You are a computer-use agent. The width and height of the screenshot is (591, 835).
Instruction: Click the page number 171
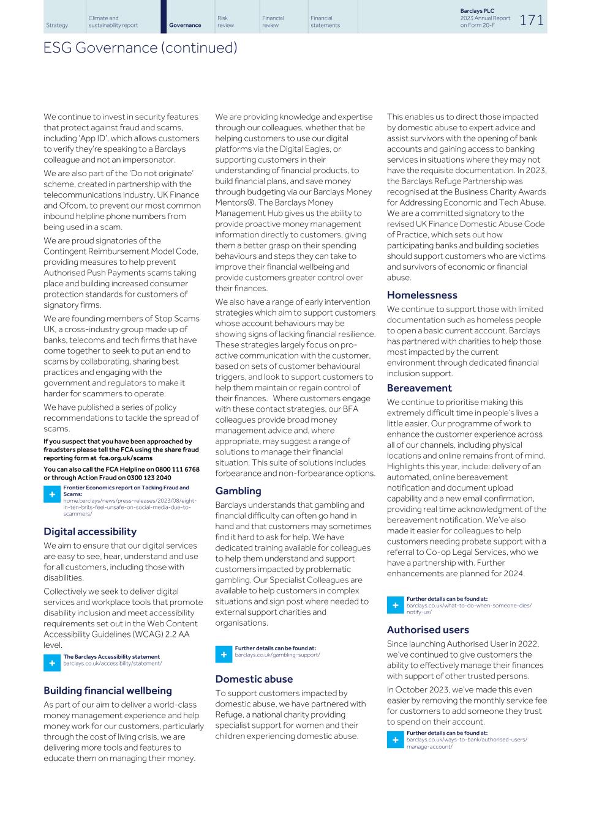tap(532, 20)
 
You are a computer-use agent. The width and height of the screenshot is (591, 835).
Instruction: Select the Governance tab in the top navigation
tap(185, 25)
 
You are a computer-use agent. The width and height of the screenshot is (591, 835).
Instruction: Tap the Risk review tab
tap(225, 21)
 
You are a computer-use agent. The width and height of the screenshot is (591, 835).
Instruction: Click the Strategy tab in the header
tap(57, 25)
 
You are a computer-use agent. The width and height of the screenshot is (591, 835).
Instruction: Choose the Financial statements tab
tap(325, 21)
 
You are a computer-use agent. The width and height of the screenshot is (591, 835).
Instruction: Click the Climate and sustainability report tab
tap(113, 21)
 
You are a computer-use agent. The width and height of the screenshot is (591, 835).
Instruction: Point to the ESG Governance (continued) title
tap(140, 48)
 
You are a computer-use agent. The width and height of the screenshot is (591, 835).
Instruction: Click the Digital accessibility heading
tap(90, 532)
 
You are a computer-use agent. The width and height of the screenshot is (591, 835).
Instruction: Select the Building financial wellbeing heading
tap(107, 691)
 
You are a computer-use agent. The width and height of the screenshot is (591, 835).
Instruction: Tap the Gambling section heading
tap(238, 491)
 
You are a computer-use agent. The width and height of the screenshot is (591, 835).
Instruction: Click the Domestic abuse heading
tap(254, 679)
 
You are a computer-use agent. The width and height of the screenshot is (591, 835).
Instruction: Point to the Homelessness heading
tap(422, 295)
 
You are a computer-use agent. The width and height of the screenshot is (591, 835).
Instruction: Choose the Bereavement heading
tap(419, 388)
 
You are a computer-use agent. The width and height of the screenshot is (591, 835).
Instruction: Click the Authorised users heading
tap(427, 629)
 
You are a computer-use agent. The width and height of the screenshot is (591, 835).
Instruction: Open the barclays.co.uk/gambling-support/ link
tap(277, 655)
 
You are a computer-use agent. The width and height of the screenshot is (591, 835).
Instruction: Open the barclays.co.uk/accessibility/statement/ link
tap(112, 663)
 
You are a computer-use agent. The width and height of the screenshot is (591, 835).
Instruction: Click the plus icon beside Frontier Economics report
tap(52, 494)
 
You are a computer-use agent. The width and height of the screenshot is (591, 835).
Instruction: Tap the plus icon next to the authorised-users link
tap(395, 740)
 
